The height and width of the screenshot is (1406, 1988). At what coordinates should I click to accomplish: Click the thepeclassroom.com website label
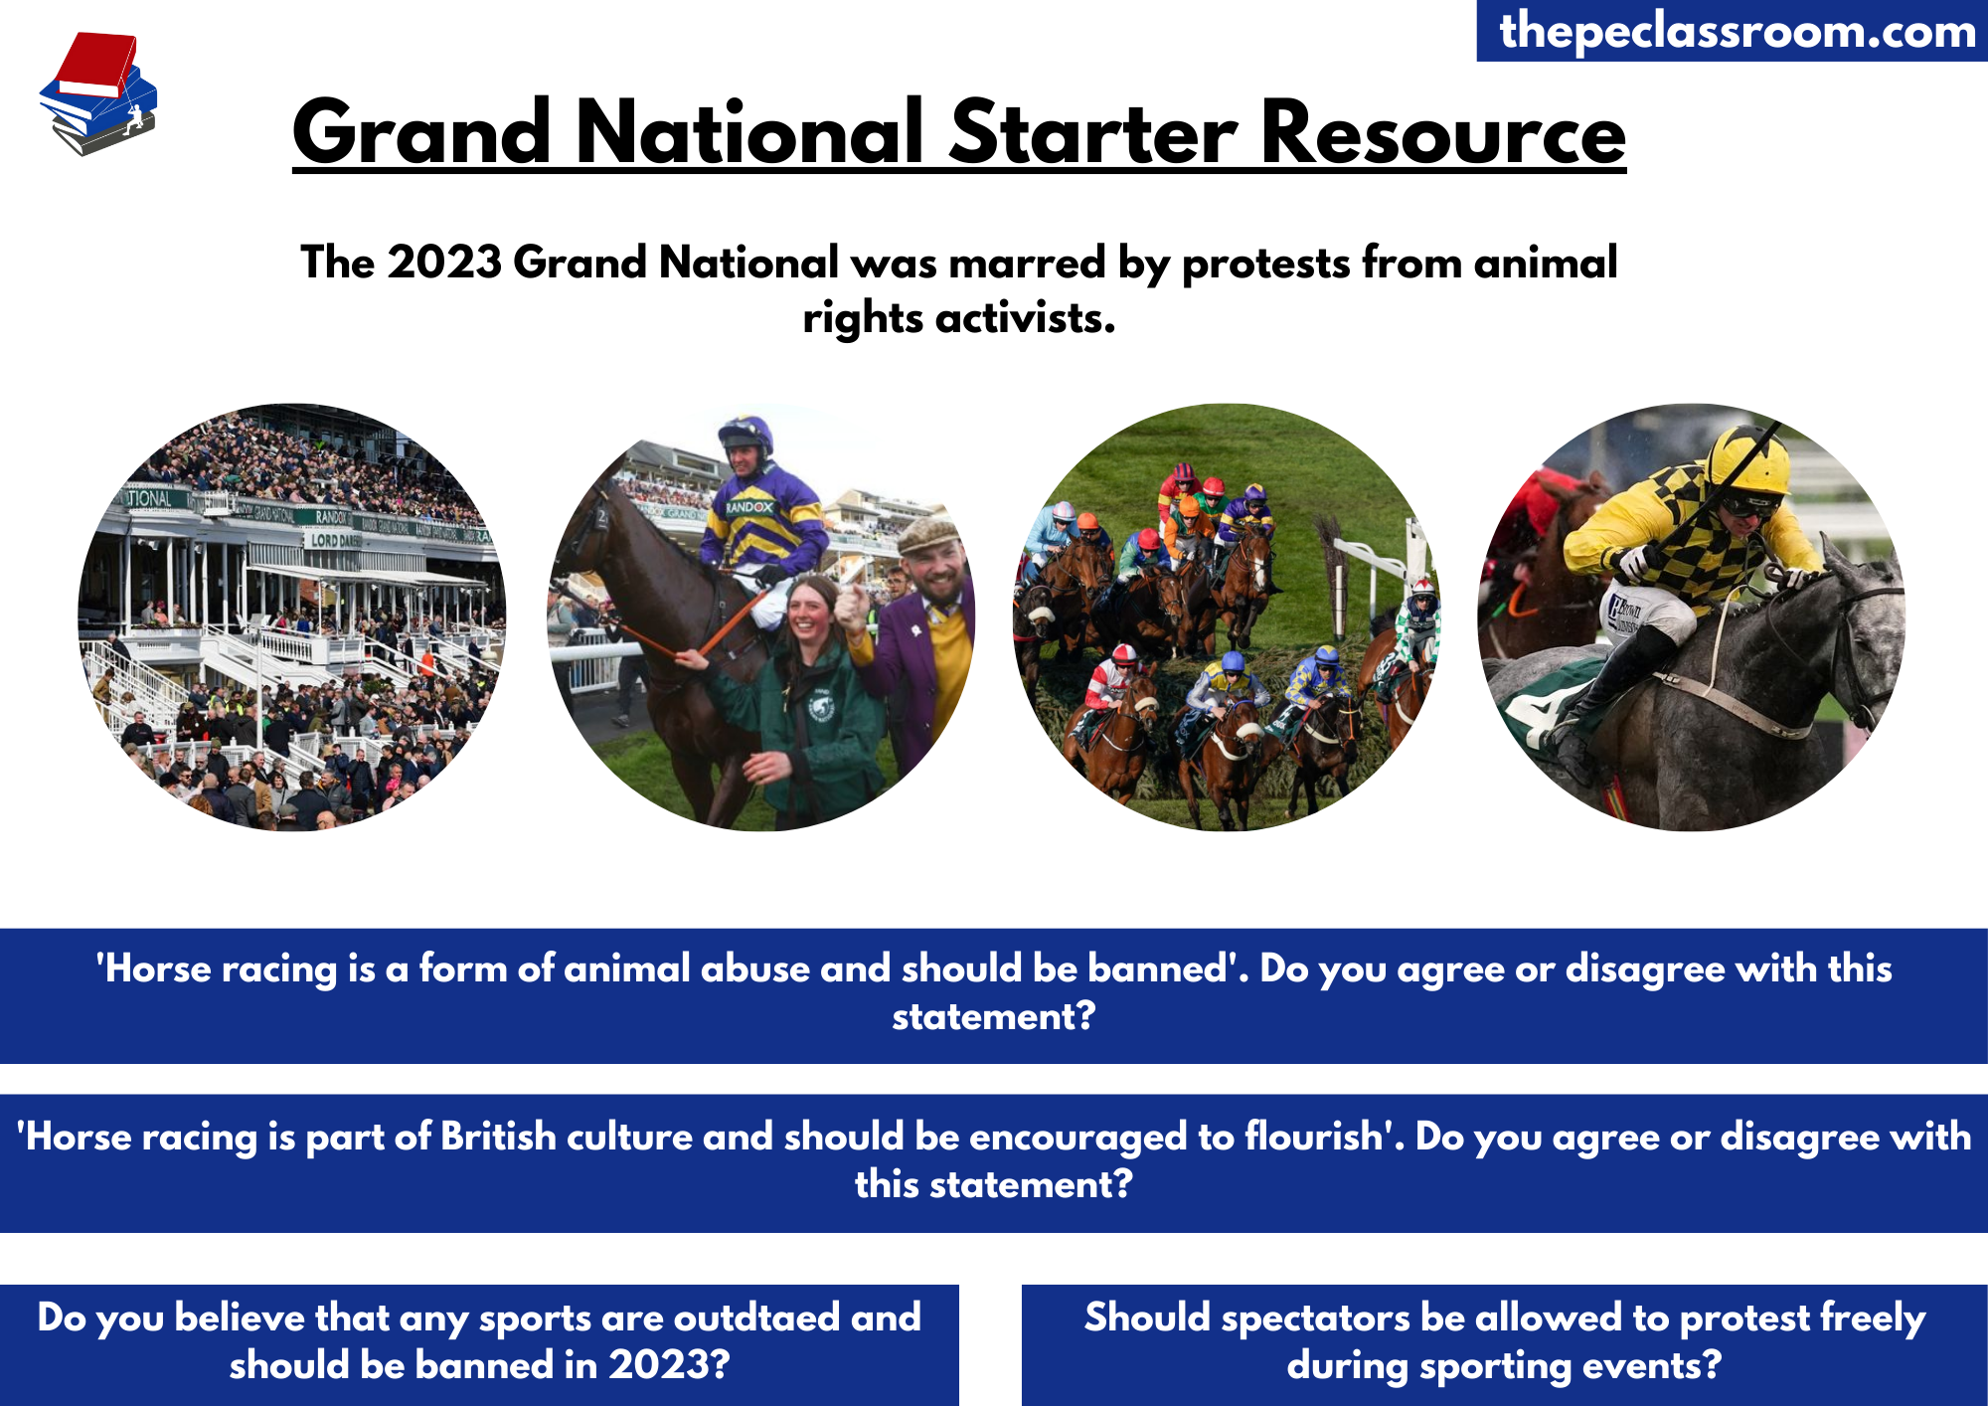1738,31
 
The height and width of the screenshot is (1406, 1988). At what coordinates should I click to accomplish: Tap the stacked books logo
97,93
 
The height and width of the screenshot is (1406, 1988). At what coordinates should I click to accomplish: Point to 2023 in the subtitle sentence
444,263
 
